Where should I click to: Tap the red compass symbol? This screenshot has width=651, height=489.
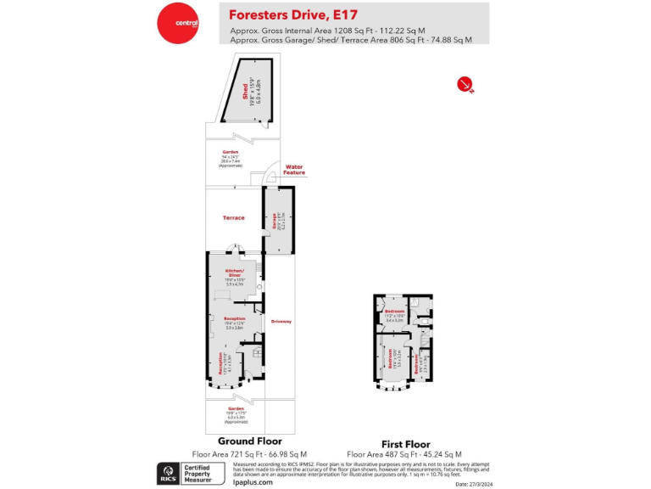click(x=464, y=83)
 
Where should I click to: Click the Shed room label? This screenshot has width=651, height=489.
click(x=245, y=92)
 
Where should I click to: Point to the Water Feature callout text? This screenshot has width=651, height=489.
click(x=294, y=170)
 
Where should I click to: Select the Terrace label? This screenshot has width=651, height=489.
click(x=233, y=218)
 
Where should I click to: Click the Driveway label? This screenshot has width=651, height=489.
click(x=281, y=322)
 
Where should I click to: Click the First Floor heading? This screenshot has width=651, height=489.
click(x=405, y=444)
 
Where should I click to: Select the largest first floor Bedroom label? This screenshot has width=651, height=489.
click(x=391, y=358)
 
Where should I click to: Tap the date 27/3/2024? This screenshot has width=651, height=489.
click(x=473, y=484)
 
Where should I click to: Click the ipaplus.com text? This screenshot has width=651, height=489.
click(x=253, y=482)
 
